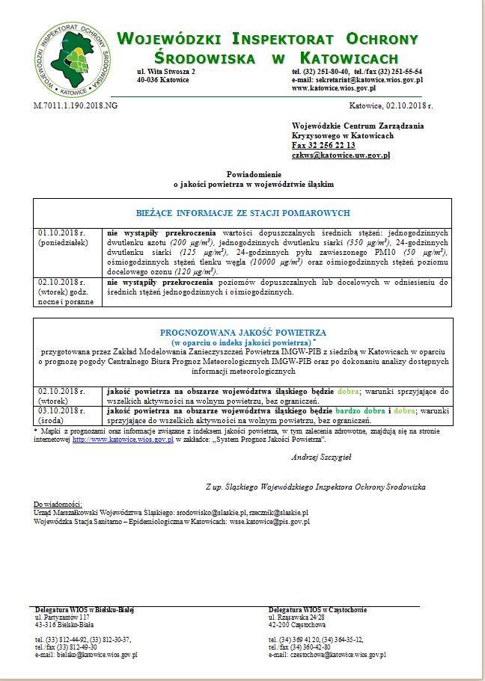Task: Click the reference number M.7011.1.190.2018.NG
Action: (x=76, y=105)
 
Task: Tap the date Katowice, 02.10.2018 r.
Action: (x=391, y=106)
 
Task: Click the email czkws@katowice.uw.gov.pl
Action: (x=341, y=155)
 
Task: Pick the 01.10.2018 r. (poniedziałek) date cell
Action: (x=67, y=237)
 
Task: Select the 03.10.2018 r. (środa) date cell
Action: (x=67, y=415)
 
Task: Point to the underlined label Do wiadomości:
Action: (x=59, y=505)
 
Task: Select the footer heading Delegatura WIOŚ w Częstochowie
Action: (x=317, y=610)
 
